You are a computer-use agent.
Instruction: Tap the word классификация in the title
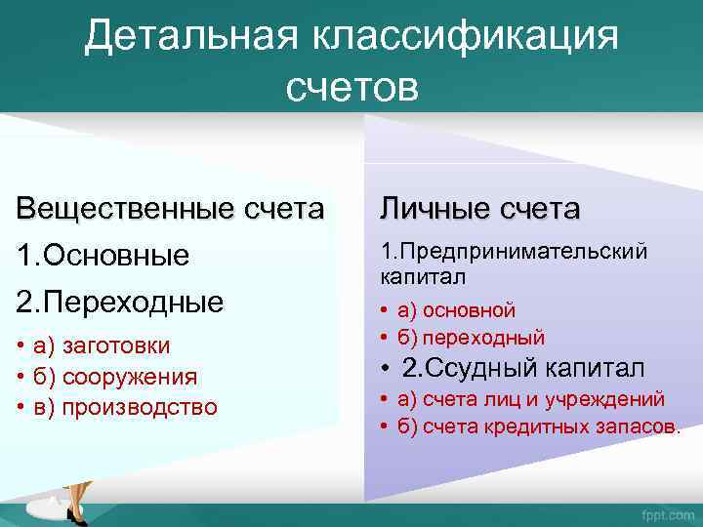click(x=466, y=38)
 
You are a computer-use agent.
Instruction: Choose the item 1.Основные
click(x=103, y=256)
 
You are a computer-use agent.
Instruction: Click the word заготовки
click(x=115, y=345)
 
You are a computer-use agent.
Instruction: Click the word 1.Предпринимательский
click(x=514, y=252)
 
